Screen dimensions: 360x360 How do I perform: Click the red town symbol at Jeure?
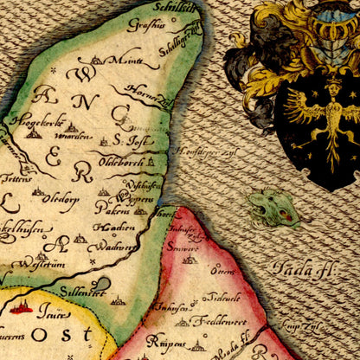pos(24,306)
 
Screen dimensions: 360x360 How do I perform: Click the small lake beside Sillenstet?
pos(100,283)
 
